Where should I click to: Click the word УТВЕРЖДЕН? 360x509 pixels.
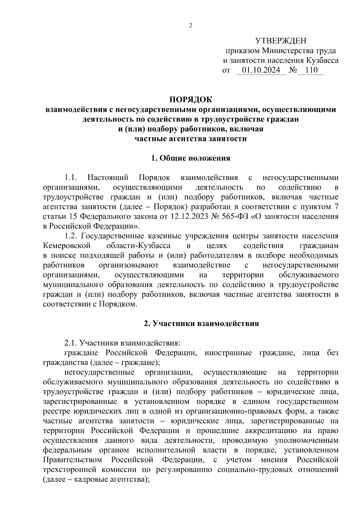(281, 41)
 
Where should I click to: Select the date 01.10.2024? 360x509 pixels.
(261, 70)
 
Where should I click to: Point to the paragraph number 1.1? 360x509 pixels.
(71, 178)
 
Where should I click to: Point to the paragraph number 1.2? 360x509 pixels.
(71, 236)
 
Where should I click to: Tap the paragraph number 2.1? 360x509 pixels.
(71, 343)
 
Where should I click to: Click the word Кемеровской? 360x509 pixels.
(67, 246)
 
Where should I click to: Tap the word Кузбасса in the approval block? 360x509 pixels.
(322, 61)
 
